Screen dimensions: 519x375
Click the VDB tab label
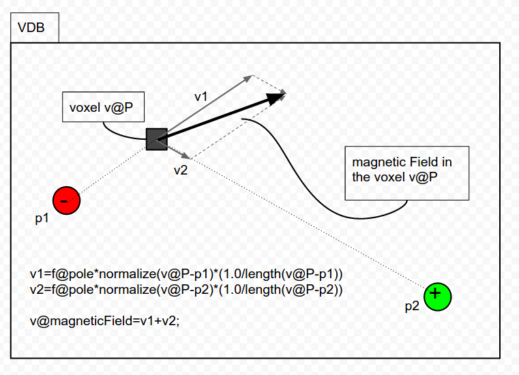tap(31, 27)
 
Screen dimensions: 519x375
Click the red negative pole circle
tap(67, 200)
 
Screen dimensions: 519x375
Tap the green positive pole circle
tap(438, 297)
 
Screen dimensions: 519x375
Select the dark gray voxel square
tap(157, 139)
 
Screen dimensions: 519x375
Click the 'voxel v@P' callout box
tap(103, 107)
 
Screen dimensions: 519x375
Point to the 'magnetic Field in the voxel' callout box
tap(406, 173)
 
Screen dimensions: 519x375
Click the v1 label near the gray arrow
tap(201, 97)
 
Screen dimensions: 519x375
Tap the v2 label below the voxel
tap(181, 170)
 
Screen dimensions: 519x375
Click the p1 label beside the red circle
tap(42, 218)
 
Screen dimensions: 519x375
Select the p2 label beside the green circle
tap(412, 306)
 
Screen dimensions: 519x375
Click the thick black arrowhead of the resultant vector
tap(276, 98)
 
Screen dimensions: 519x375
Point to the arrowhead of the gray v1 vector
tap(248, 78)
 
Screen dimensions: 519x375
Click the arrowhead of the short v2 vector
tap(186, 155)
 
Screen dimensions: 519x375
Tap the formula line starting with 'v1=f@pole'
tap(186, 274)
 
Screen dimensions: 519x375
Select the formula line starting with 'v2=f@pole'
tap(186, 290)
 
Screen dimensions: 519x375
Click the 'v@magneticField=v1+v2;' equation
tap(104, 320)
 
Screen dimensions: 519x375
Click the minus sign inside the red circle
tap(64, 201)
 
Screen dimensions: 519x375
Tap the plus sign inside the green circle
tap(436, 293)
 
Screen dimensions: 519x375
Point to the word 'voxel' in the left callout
tap(85, 108)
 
